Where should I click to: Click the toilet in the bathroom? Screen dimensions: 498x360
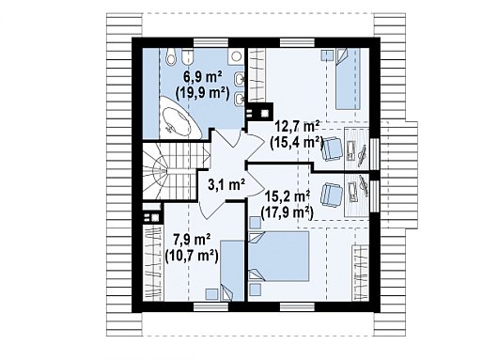(x=171, y=57)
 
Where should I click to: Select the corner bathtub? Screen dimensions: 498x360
(x=177, y=118)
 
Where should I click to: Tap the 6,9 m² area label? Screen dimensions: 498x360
(x=203, y=77)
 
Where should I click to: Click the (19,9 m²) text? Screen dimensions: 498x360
(x=202, y=93)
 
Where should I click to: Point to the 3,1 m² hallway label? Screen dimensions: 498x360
(x=226, y=184)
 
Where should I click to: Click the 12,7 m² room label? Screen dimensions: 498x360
(x=297, y=127)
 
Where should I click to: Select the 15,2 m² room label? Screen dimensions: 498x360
(x=288, y=197)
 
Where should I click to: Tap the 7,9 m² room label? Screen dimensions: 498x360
(x=192, y=239)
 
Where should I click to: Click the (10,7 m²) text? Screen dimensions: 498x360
(x=192, y=256)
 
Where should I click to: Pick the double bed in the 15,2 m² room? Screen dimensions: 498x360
(x=278, y=256)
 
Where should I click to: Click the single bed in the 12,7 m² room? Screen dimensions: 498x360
(x=348, y=79)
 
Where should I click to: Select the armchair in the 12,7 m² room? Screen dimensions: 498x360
(x=333, y=149)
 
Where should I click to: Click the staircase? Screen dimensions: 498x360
(x=172, y=171)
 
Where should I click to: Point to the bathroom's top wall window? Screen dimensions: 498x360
(x=210, y=42)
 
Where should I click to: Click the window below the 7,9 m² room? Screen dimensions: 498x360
(x=210, y=306)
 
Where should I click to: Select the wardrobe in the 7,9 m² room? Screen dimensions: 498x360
(x=153, y=263)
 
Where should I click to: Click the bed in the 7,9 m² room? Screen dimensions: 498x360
(x=232, y=271)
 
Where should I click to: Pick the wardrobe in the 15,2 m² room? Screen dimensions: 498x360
(x=361, y=273)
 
